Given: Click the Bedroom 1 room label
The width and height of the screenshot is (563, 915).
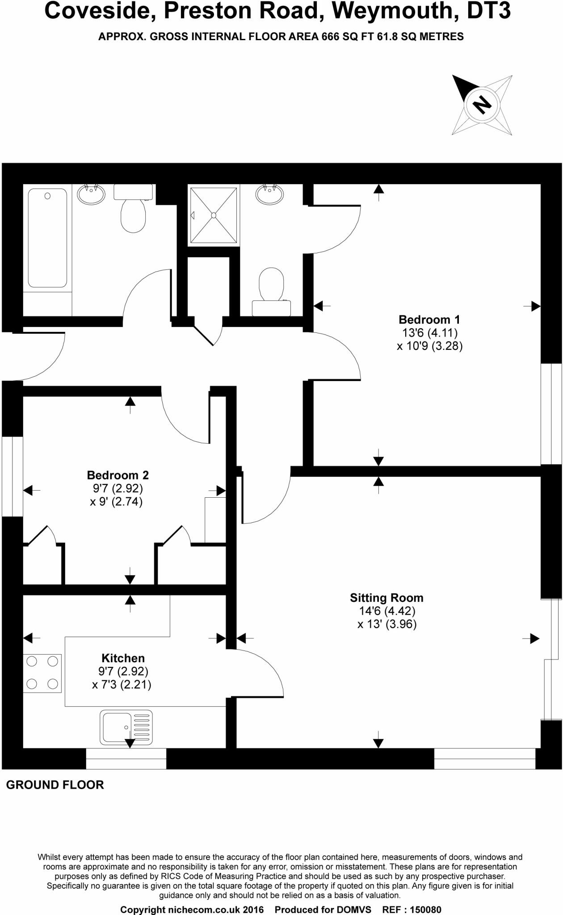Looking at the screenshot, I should pos(429,319).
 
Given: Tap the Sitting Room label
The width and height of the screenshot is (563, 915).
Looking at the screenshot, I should pos(387,598).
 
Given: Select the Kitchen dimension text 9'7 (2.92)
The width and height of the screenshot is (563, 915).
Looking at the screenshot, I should pos(123,671).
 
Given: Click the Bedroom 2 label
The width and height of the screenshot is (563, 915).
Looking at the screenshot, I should pos(118,475).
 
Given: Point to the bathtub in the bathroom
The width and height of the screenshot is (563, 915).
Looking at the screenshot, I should pos(47,238).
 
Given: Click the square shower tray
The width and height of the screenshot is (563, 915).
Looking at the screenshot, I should pos(214,215).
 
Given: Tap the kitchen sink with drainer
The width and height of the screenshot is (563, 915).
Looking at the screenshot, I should pos(126,727).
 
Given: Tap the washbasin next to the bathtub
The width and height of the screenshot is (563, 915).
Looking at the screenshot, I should pos(92,194).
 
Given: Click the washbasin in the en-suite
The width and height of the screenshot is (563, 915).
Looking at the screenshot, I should pos(269,194).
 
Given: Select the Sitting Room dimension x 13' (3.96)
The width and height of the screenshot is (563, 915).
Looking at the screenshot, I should pos(387,624).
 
